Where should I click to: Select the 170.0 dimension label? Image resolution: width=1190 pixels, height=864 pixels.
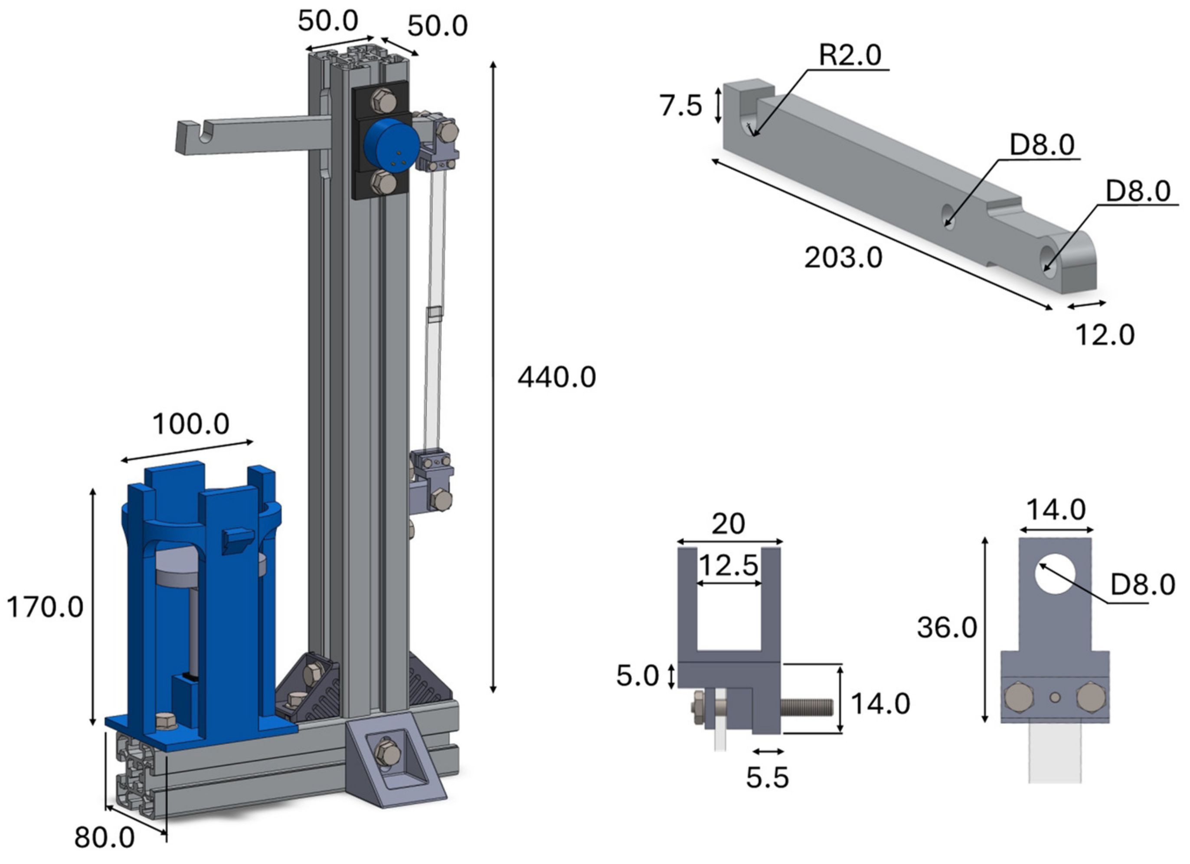pos(45,608)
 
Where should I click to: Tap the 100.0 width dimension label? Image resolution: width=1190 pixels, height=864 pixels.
pos(190,424)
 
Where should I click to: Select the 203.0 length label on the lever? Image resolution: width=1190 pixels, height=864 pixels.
pos(843,258)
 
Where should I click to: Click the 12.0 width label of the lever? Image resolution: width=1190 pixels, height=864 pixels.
pos(1105,335)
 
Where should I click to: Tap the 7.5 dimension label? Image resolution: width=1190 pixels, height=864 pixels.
pos(680,105)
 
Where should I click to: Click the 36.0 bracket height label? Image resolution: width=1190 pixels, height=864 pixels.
pos(947,628)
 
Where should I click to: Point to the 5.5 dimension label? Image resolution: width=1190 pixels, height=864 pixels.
pos(767,777)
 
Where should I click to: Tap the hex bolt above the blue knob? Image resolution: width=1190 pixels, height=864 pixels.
pos(383,100)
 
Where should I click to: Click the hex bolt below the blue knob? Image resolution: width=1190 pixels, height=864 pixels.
pos(383,184)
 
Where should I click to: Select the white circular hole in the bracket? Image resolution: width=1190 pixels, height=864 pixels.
pos(1055,574)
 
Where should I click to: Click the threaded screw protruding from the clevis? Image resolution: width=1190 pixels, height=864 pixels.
pos(807,707)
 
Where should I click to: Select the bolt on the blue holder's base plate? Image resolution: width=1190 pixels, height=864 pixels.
pos(167,721)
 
